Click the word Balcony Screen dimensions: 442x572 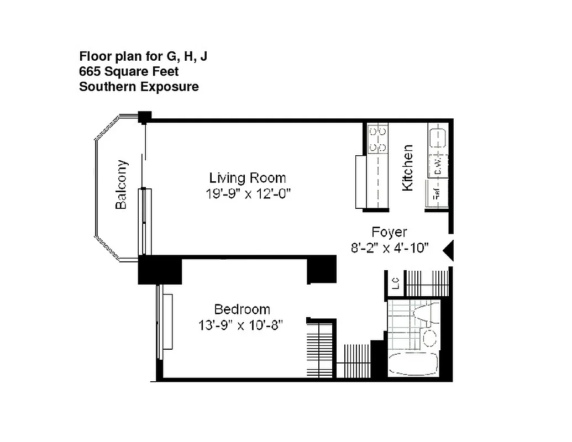pyautogui.click(x=122, y=185)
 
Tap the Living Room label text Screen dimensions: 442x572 pyautogui.click(x=247, y=178)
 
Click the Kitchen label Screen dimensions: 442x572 pyautogui.click(x=407, y=167)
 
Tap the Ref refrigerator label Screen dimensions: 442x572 pyautogui.click(x=436, y=194)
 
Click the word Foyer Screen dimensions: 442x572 pyautogui.click(x=389, y=232)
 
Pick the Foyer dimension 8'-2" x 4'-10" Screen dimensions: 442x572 pyautogui.click(x=390, y=248)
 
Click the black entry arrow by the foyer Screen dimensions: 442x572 pyautogui.click(x=449, y=250)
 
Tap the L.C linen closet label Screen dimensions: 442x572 pyautogui.click(x=395, y=284)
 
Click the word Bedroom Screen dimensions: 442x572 pyautogui.click(x=242, y=309)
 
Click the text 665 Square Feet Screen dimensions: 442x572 pyautogui.click(x=129, y=71)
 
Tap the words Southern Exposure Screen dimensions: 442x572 pyautogui.click(x=139, y=87)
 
